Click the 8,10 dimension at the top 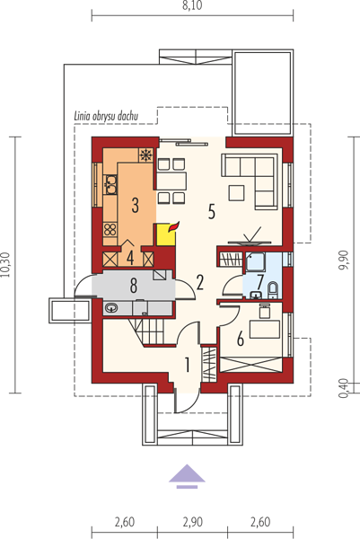192,6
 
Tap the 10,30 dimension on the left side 7,265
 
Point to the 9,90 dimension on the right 344,261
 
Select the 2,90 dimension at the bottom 192,522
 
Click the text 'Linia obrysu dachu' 106,117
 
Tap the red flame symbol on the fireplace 174,227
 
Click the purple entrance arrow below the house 187,476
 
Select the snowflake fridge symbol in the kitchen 145,155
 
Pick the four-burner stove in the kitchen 110,229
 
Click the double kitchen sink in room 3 110,184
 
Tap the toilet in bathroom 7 273,290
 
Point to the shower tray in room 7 254,263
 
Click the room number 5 212,211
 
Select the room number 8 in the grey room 133,286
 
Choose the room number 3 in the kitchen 135,205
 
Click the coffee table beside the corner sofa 236,192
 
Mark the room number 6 241,340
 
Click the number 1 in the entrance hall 188,365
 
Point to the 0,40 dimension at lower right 344,388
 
